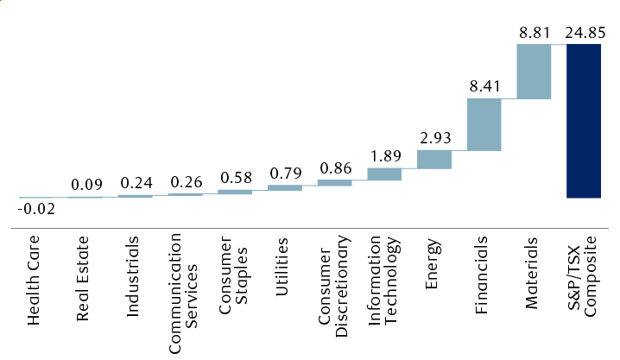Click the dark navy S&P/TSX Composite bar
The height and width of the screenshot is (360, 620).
[x=583, y=121]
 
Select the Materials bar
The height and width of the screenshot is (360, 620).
[x=534, y=71]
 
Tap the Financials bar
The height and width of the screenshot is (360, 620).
[x=484, y=124]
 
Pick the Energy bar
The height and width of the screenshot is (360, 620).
[x=434, y=159]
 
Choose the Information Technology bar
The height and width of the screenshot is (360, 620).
[x=384, y=174]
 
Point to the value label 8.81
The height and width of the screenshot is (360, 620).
[x=534, y=30]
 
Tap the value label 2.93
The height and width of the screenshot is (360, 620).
[x=434, y=136]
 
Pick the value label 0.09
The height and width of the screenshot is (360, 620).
[x=85, y=184]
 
